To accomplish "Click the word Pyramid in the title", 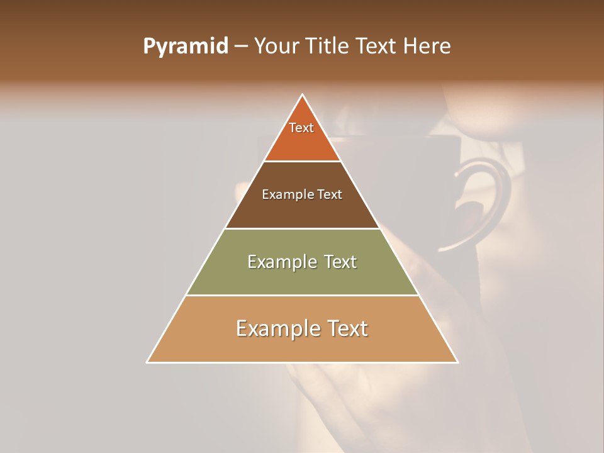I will click(185, 47).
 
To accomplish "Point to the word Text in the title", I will click(378, 47).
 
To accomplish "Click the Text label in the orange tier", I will click(301, 128).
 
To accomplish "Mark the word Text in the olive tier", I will click(339, 262).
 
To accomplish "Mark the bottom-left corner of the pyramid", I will click(148, 362).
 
